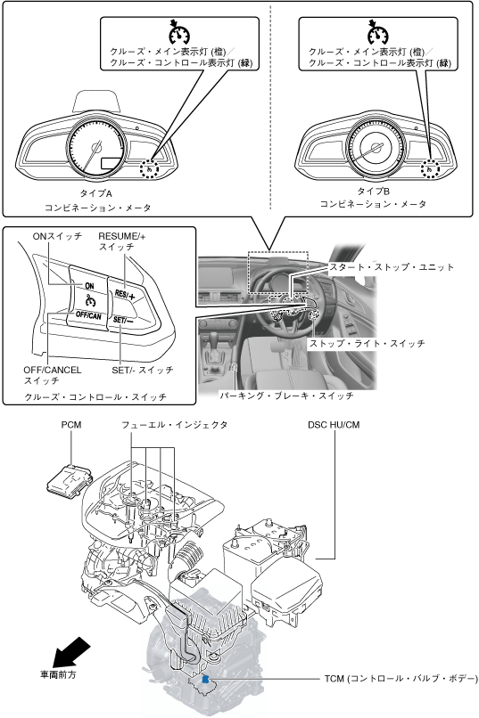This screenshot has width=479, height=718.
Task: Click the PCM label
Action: tap(71, 425)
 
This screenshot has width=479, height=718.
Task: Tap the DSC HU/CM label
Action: tap(334, 425)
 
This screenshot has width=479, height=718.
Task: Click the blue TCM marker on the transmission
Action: tap(205, 679)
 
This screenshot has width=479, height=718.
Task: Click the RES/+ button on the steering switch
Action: tap(125, 295)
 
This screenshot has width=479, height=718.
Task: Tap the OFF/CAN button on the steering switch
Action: tap(88, 316)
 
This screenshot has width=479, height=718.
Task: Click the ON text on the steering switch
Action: tap(89, 286)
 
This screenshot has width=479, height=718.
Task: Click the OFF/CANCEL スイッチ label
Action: tap(53, 375)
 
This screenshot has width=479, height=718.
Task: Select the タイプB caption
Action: tap(373, 191)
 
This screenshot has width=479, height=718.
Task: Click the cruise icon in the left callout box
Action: tap(179, 32)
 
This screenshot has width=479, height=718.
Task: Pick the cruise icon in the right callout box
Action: tap(377, 32)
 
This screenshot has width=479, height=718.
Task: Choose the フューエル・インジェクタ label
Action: tap(174, 425)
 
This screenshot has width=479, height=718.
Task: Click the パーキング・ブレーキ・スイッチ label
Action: tap(286, 396)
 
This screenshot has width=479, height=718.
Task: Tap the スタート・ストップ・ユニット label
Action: tap(392, 267)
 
